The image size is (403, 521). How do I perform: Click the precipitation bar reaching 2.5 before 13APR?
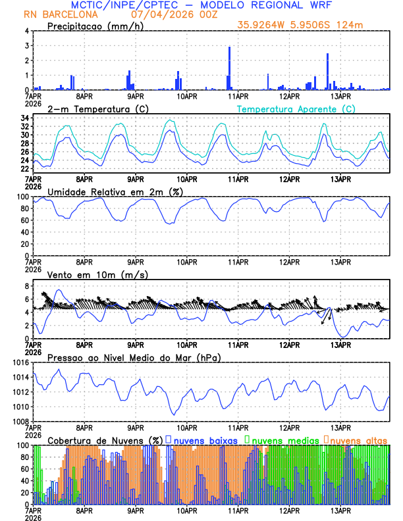[x=327, y=72]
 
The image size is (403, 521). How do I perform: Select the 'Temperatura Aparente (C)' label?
[x=296, y=109]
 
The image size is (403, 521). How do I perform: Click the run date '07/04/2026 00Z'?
[x=168, y=14]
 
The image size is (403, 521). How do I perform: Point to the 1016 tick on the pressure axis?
[x=20, y=362]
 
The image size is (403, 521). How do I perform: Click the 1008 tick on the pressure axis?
[x=20, y=421]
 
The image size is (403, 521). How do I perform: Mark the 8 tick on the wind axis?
[x=24, y=286]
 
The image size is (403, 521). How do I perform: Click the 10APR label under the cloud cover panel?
[x=187, y=510]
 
